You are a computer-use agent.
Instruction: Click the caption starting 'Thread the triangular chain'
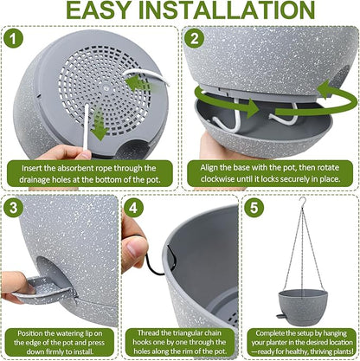[179, 340]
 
